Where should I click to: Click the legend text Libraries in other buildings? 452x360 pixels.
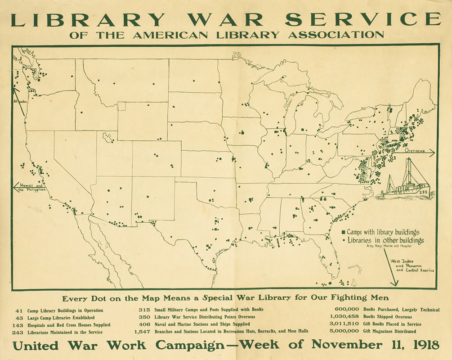[x=385, y=241]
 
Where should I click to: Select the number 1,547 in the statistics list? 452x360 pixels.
[x=142, y=332]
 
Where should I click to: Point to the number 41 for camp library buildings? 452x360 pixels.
[x=19, y=310]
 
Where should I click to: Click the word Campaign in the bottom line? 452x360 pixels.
[x=190, y=346]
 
